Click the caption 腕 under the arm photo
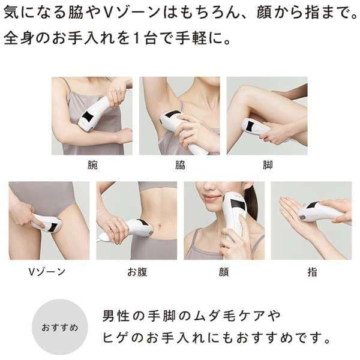coord(91,163)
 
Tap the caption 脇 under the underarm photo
coord(179,163)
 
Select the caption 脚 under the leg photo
coord(267,163)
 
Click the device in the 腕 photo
coord(94,114)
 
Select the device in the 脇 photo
coord(180,127)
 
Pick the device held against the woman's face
coord(236,216)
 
